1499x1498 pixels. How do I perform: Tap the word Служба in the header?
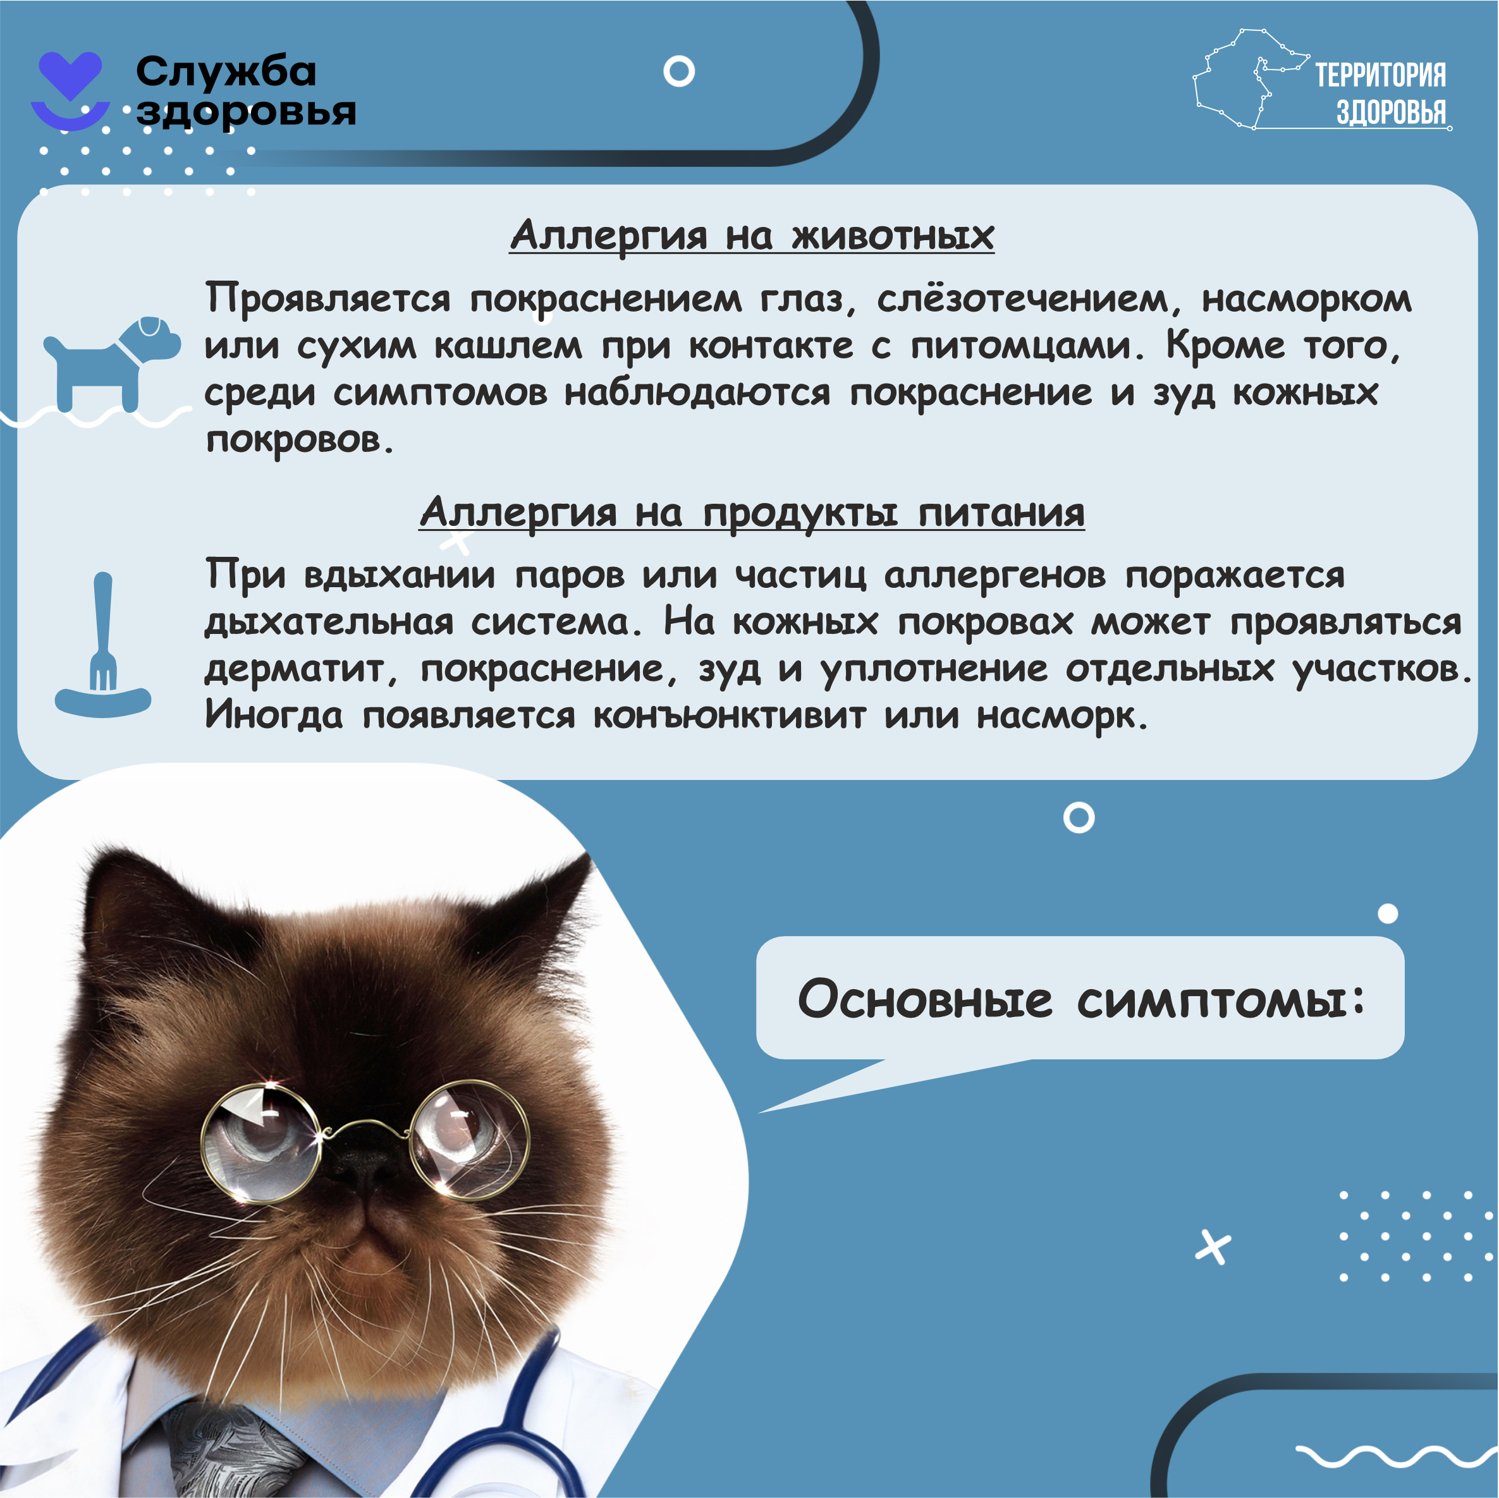(x=226, y=71)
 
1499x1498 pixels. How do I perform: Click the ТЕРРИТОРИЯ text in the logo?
(x=1380, y=75)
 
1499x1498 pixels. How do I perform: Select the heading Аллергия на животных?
(x=752, y=234)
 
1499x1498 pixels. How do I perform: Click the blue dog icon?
(x=112, y=363)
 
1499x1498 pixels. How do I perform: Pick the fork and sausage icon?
(x=102, y=645)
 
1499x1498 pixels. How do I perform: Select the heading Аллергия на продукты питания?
(x=752, y=512)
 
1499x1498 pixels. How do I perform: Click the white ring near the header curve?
(x=679, y=71)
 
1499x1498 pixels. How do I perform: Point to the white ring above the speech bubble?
(x=1079, y=818)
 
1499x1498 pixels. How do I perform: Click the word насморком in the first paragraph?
(x=1307, y=299)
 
